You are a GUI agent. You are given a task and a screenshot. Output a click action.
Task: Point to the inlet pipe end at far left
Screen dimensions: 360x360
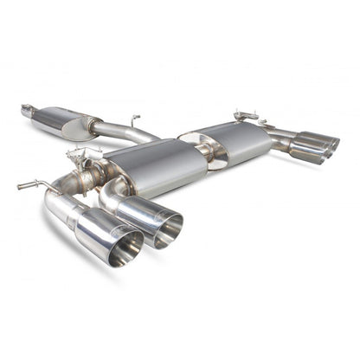27,110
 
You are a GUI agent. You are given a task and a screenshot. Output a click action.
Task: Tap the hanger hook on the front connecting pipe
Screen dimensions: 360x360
134,119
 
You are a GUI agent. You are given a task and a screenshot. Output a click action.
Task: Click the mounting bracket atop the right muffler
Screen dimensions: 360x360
245,116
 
